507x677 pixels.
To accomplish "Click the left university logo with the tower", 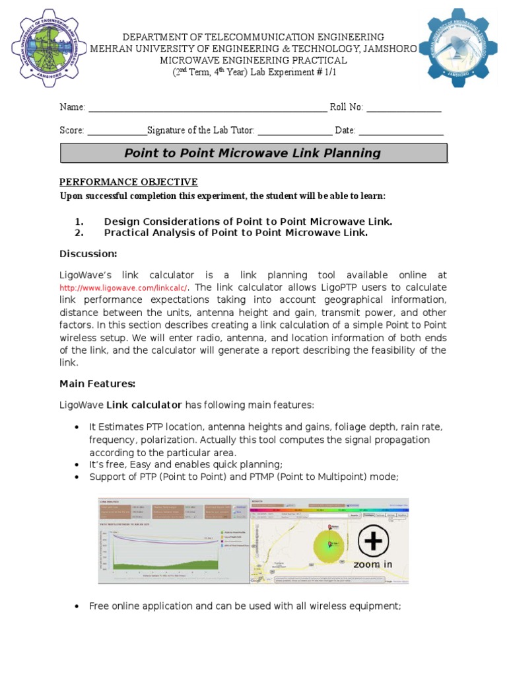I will coord(44,44).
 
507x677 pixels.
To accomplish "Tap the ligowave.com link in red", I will coord(123,288).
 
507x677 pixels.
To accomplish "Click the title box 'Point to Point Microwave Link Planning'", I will coord(253,153).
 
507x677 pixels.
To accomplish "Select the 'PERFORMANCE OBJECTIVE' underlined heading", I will coord(129,182).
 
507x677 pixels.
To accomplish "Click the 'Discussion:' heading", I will coord(88,254).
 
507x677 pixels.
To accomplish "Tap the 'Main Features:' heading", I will coord(98,383).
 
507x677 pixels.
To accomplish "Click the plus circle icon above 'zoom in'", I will coord(373,541).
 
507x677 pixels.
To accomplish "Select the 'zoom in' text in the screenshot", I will coord(373,565).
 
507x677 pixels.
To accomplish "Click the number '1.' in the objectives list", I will coord(79,221).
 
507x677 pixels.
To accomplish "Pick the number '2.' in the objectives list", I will coord(79,233).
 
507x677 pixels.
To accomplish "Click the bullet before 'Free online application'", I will coord(78,606).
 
